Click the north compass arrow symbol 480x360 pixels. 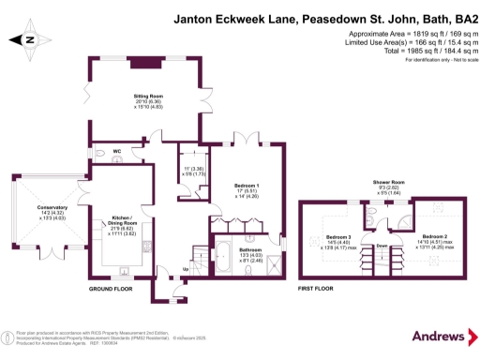[27, 39]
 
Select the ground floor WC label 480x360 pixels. [116, 149]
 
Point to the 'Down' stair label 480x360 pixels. [382, 247]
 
